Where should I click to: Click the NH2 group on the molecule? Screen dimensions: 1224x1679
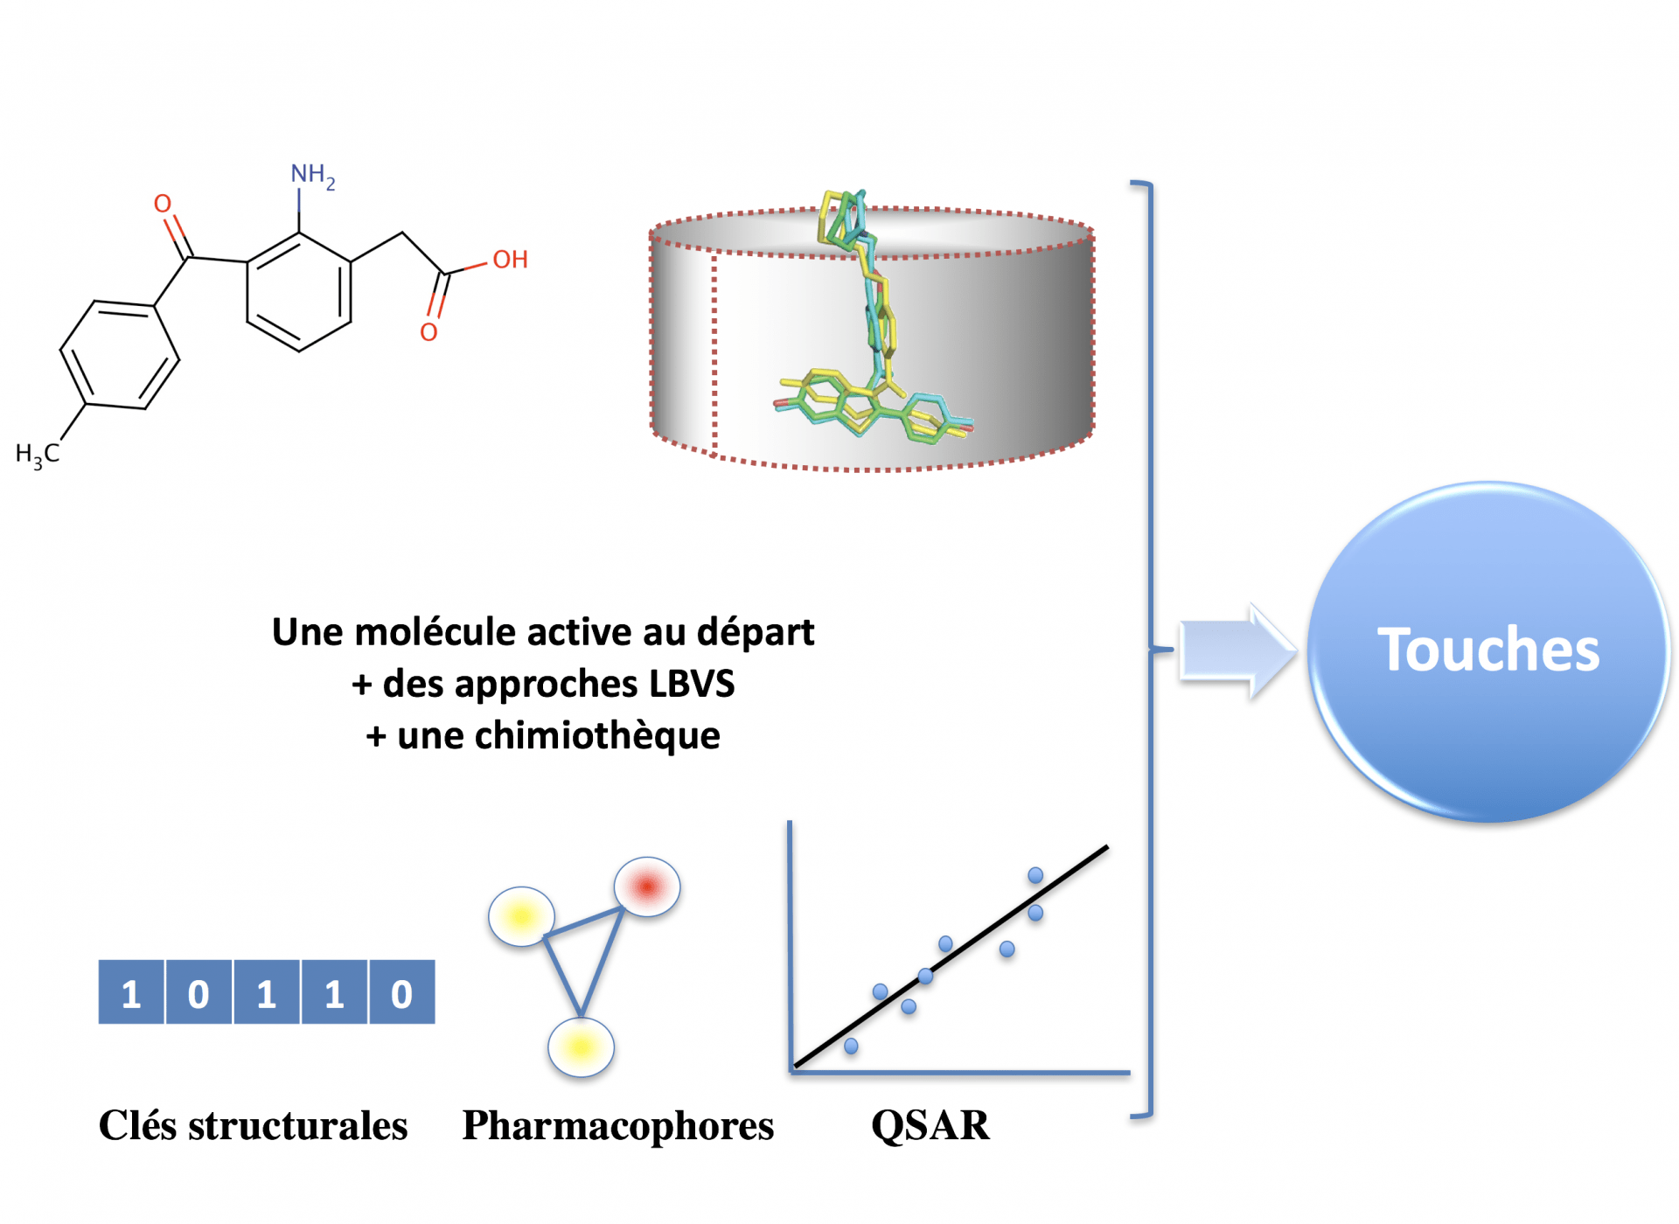click(x=312, y=176)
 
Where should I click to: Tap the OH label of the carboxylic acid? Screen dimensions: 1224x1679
click(x=510, y=260)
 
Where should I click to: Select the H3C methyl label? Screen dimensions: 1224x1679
click(x=38, y=454)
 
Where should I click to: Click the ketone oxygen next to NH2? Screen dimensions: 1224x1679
click(x=163, y=205)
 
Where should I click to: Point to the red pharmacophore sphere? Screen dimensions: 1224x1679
click(x=647, y=887)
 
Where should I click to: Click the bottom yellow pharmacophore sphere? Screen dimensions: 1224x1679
click(x=581, y=1047)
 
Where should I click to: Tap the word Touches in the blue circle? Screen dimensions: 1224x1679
click(x=1488, y=650)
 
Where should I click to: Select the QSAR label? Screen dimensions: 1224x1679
click(x=930, y=1125)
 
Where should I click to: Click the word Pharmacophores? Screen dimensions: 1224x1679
click(x=617, y=1125)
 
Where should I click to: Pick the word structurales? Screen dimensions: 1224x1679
click(x=298, y=1126)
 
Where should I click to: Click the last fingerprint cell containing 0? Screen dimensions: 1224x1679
click(x=401, y=993)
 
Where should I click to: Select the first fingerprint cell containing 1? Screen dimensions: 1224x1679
click(x=131, y=993)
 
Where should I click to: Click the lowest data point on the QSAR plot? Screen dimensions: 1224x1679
click(x=851, y=1046)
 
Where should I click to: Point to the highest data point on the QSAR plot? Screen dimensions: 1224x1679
click(x=1035, y=875)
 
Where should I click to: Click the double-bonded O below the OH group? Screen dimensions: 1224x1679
click(x=428, y=332)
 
